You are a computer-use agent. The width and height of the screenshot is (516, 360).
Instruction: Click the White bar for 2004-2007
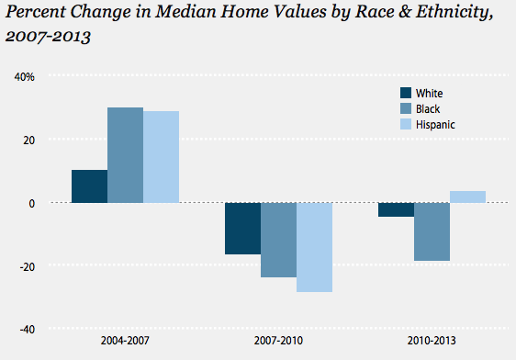point(89,186)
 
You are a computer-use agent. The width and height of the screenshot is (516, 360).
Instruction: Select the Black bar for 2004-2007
point(126,155)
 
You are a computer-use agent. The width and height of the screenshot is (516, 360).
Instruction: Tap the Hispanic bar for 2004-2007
point(162,157)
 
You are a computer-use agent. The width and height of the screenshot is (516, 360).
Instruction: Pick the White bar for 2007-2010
point(243,229)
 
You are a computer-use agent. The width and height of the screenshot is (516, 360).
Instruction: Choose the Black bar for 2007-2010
point(279,240)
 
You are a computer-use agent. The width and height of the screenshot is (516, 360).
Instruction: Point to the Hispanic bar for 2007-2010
point(315,247)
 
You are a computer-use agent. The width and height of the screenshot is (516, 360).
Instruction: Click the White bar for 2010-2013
point(397,209)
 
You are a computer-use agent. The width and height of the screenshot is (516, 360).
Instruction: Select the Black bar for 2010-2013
point(432,231)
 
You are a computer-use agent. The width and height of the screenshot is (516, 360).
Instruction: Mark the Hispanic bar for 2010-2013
point(468,197)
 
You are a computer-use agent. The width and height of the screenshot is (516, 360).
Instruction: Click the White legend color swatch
point(406,93)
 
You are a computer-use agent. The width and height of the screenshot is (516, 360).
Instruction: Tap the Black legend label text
point(428,109)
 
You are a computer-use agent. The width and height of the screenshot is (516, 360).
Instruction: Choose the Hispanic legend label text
point(435,125)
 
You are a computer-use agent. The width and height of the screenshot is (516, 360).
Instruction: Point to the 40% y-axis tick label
point(25,77)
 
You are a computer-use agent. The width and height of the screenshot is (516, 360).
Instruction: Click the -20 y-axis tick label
point(27,267)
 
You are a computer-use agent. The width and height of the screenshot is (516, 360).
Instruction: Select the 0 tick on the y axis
point(31,204)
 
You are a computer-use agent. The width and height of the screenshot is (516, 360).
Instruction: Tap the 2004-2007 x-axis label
point(125,341)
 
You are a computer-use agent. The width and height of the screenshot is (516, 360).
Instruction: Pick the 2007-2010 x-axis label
point(278,341)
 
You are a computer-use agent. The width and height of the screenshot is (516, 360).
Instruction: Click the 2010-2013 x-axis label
point(432,341)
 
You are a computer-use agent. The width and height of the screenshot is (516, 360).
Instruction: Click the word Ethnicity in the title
point(454,13)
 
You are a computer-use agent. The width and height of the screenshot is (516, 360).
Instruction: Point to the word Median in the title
point(185,12)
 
